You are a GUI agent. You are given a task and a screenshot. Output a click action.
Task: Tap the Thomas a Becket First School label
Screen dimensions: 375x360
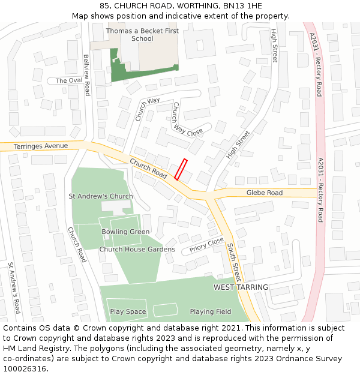coord(129,34)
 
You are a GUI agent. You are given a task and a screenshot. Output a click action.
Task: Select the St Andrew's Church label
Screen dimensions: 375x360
coord(101,196)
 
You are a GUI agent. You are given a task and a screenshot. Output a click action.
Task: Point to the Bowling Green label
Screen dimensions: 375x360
coord(125,232)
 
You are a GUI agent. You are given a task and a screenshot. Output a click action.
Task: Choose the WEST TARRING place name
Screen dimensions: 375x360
coord(241,287)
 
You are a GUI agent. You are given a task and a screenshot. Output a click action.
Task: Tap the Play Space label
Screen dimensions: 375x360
coord(128,311)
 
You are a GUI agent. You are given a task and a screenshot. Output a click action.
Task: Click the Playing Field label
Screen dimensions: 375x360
coord(210,311)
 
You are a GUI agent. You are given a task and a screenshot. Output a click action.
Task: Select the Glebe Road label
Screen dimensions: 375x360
coord(265,193)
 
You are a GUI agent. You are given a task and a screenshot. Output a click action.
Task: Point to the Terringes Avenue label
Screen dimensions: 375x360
coord(41,146)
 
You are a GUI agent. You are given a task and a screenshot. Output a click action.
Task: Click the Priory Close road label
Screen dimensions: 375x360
coord(206,244)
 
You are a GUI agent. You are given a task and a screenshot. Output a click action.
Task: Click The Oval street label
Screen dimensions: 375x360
coord(68,80)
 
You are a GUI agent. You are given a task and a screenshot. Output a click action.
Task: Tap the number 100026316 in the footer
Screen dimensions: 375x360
coord(25,368)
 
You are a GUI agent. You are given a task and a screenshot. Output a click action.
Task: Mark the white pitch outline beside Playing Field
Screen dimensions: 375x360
coord(166,310)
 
